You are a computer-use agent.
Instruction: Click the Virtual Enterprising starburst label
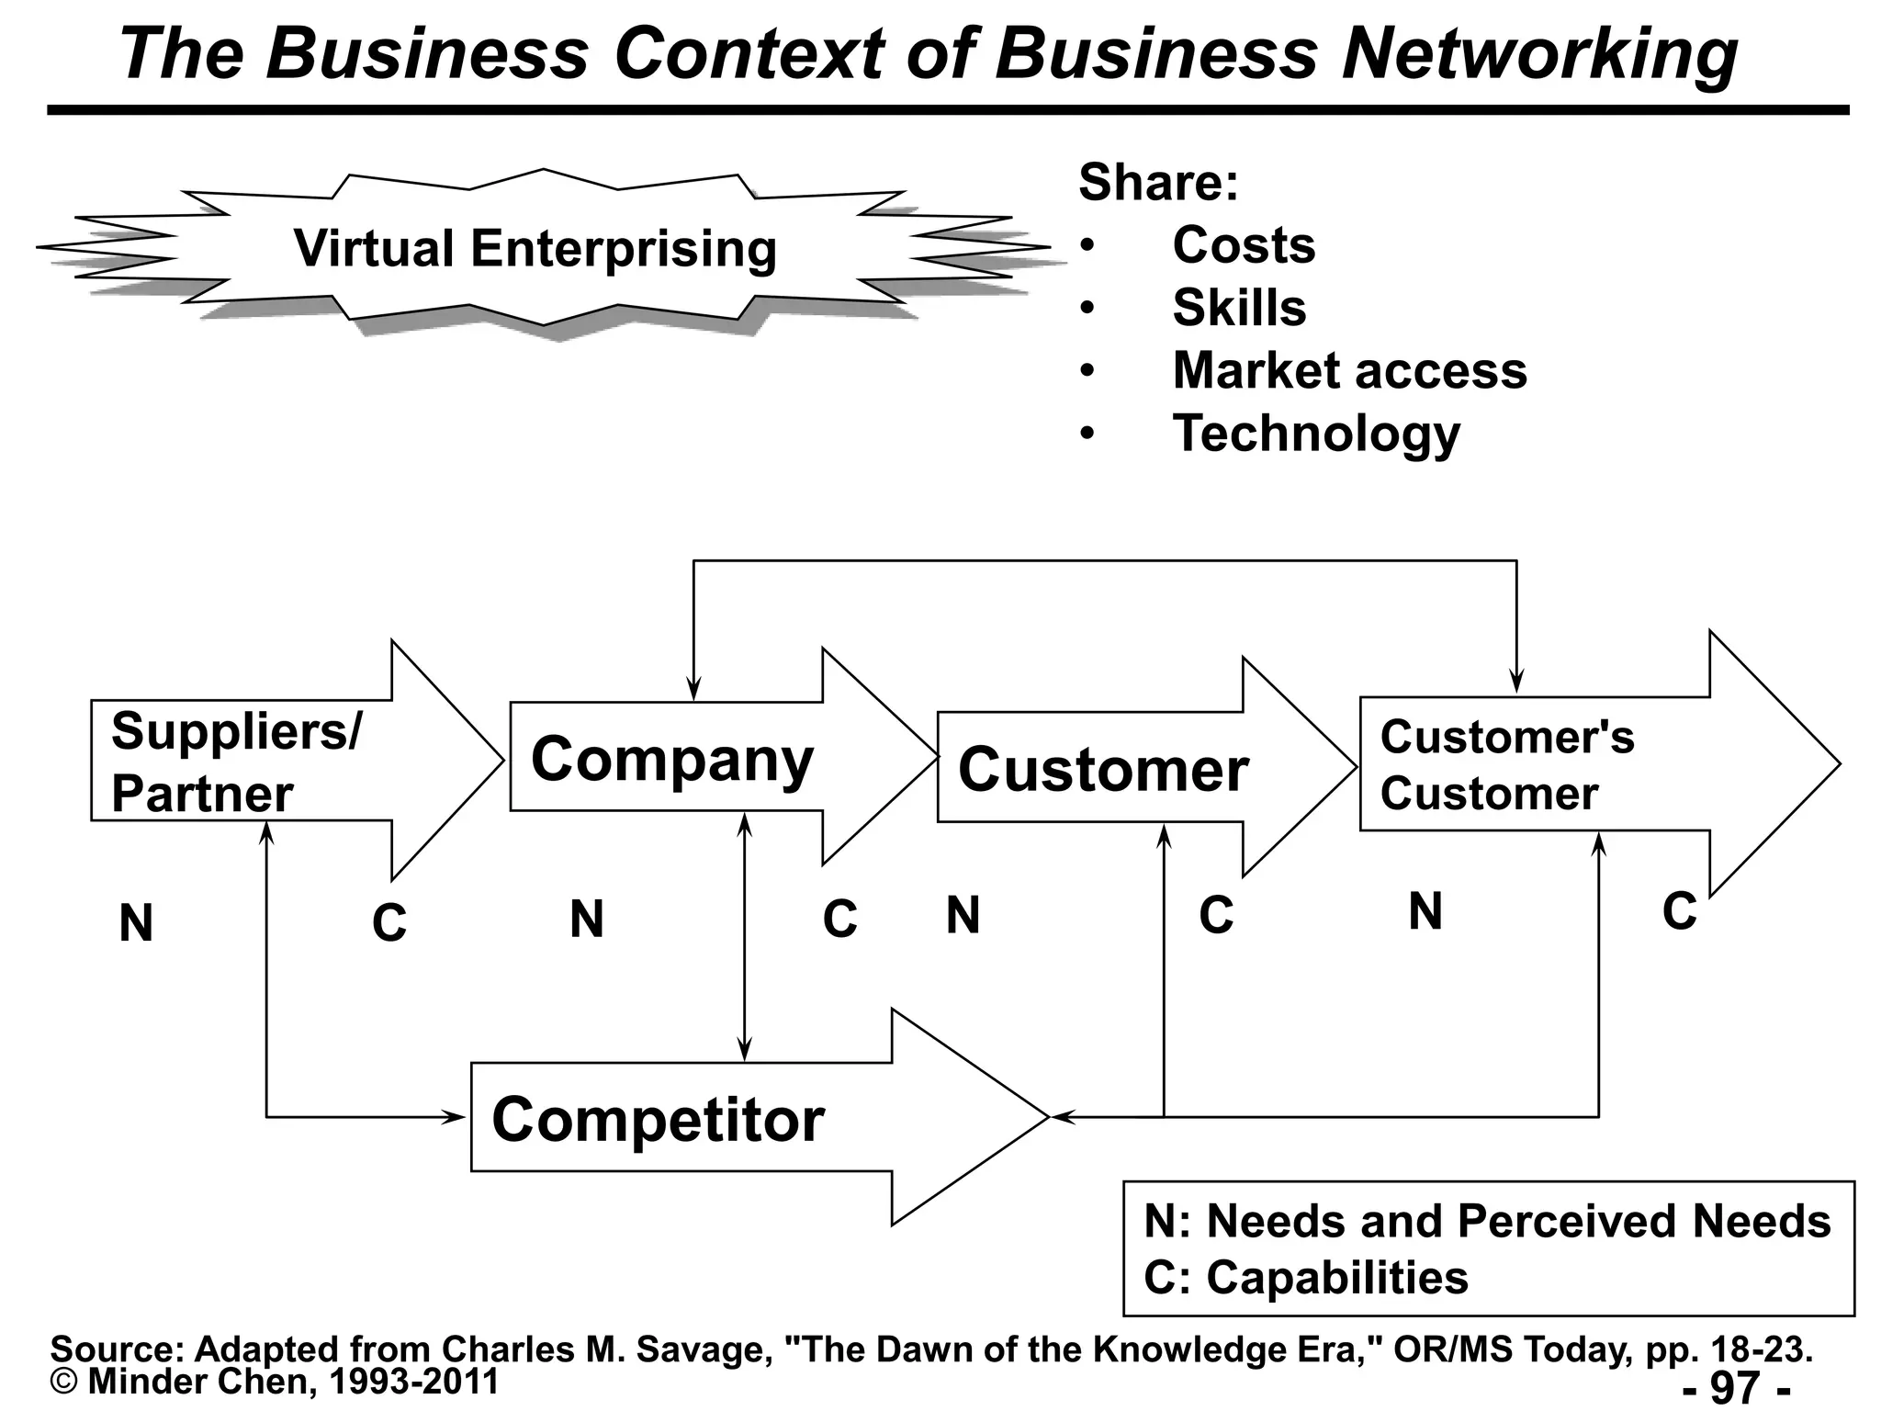point(535,249)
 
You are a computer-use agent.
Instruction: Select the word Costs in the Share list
point(1244,245)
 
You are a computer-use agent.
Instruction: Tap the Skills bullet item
point(1239,308)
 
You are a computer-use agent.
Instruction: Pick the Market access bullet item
point(1349,370)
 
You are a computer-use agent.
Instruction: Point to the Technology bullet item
point(1315,434)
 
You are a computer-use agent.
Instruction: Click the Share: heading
point(1158,182)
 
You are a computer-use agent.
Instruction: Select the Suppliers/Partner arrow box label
point(236,762)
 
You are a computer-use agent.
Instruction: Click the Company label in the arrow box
point(672,760)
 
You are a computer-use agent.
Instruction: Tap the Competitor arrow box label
point(658,1119)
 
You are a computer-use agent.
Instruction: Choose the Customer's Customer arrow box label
point(1506,765)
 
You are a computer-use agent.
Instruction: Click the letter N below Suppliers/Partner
point(136,923)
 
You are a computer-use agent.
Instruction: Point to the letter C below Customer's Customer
point(1679,911)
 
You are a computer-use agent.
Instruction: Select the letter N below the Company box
point(587,919)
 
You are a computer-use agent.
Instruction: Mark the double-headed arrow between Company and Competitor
point(745,937)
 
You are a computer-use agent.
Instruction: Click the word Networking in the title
point(1538,53)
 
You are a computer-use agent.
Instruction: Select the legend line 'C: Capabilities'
point(1305,1278)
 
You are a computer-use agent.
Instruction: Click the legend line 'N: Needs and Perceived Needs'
point(1487,1222)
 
